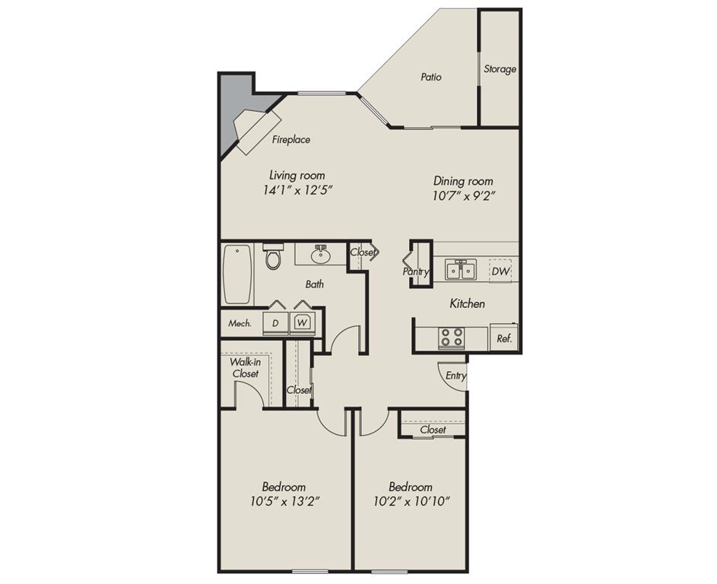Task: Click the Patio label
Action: click(x=431, y=77)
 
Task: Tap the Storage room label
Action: click(x=500, y=69)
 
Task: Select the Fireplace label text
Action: click(x=291, y=140)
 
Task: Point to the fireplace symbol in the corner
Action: click(x=256, y=129)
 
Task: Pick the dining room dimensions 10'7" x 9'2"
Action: click(x=463, y=195)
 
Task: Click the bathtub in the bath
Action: click(x=236, y=273)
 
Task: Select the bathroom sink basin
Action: click(x=320, y=254)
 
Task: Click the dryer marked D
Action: click(x=275, y=322)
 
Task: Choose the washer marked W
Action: click(x=303, y=322)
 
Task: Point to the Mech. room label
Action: click(x=240, y=323)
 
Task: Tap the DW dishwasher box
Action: click(x=500, y=271)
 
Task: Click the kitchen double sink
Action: click(x=461, y=270)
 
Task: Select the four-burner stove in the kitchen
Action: click(x=451, y=336)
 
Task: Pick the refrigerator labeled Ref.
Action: click(x=503, y=338)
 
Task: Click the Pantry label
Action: click(x=416, y=271)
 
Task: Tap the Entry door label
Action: click(x=456, y=376)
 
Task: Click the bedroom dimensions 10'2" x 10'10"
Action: click(x=411, y=501)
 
